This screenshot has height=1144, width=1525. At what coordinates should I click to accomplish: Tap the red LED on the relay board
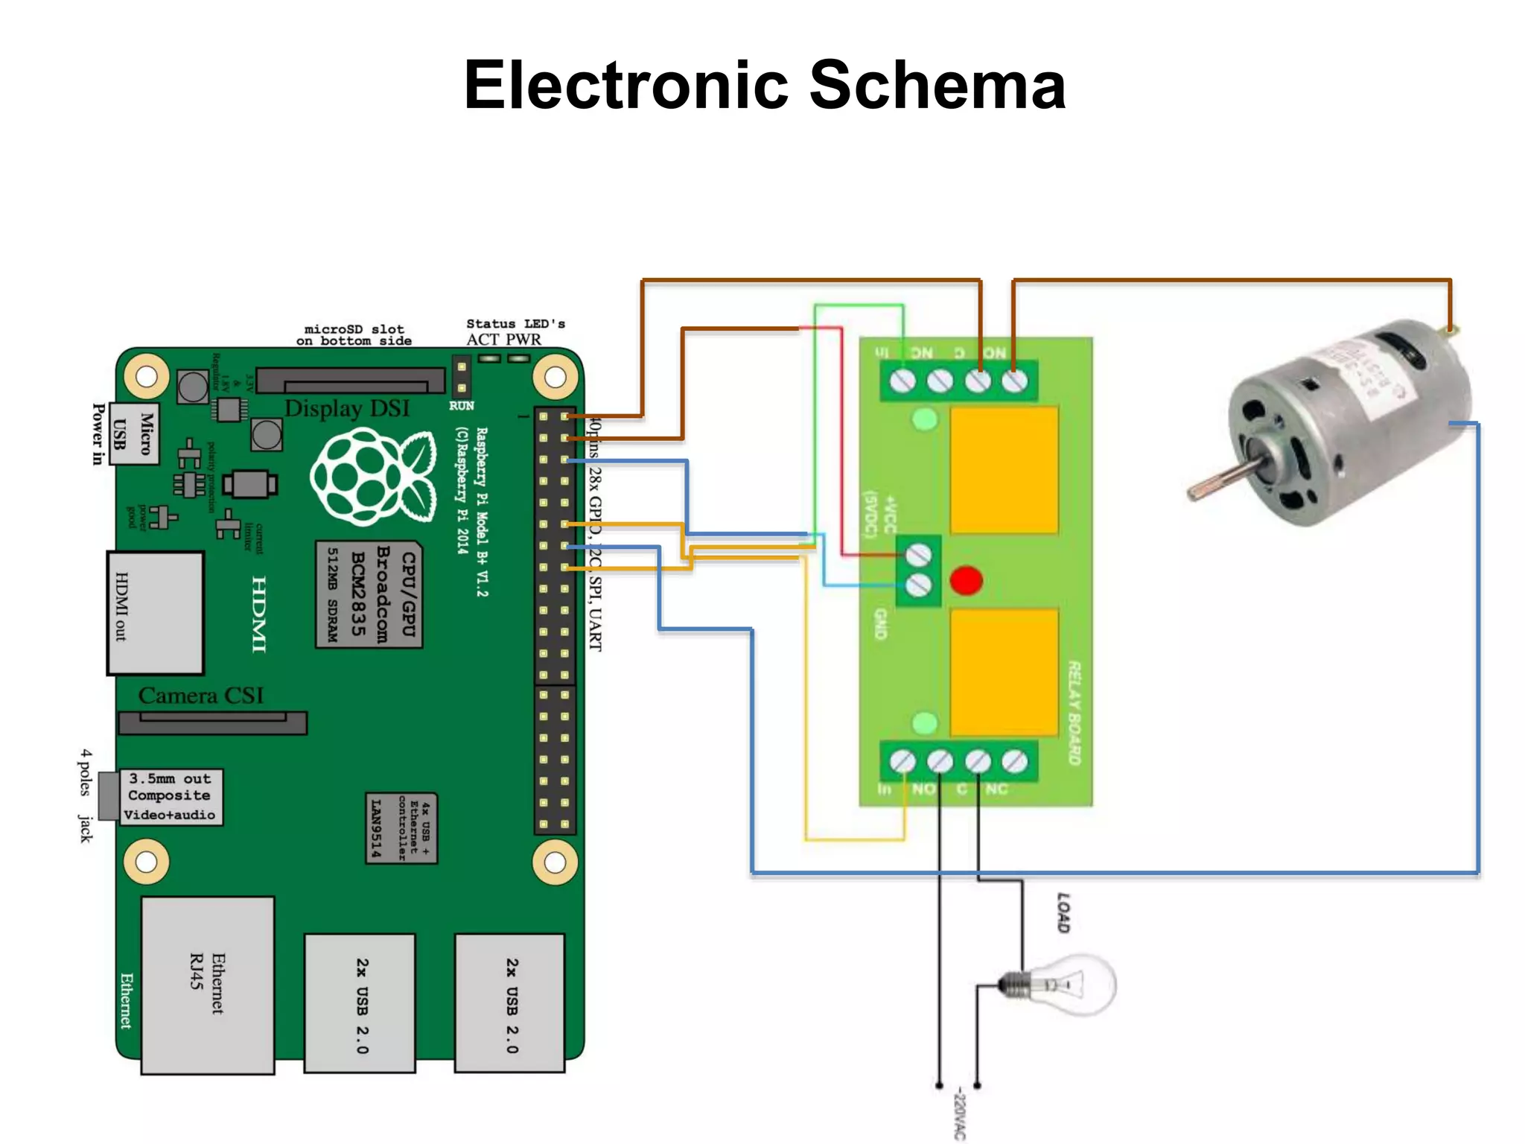coord(966,580)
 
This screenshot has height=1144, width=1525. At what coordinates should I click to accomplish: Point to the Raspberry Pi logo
coord(372,477)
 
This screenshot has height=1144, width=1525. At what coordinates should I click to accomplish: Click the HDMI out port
coord(155,612)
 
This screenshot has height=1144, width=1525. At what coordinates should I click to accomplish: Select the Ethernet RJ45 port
coord(208,985)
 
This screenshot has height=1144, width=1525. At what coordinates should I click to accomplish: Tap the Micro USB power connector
coord(134,433)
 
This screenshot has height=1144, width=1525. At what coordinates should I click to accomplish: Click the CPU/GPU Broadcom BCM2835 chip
coord(369,594)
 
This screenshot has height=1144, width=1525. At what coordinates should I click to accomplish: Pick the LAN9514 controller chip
coord(401,828)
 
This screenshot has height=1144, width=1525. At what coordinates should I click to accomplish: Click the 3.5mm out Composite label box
coord(171,796)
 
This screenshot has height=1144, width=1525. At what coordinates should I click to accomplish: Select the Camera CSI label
coord(200,696)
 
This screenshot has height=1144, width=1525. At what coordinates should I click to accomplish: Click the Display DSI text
coord(347,408)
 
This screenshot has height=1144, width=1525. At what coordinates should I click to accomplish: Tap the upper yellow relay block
coord(1003,470)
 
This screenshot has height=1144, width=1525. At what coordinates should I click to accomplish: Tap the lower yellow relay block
coord(1003,673)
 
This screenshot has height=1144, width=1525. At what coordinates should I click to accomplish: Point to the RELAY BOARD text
coord(1074,712)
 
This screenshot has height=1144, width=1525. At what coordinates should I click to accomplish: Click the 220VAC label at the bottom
coord(960,1113)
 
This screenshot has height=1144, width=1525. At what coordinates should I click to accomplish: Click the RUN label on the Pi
coord(461,406)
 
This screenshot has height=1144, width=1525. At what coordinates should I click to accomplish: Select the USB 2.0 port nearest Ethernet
coord(360,1002)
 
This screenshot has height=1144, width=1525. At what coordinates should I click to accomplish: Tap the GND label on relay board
coord(880,624)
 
